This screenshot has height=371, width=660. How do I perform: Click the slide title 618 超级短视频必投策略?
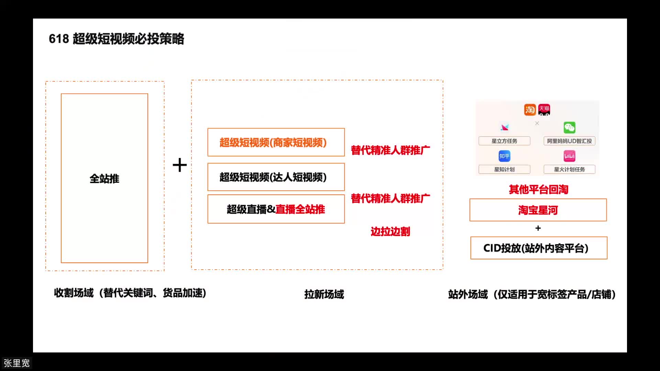point(116,39)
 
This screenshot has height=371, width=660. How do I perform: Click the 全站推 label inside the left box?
point(104,179)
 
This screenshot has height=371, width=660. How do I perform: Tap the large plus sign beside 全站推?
point(179,165)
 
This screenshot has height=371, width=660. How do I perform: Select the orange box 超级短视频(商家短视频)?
point(276,143)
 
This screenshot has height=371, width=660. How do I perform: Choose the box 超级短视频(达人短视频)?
point(276,177)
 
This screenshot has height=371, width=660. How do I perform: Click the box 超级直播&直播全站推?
point(276,209)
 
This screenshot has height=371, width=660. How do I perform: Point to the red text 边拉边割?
point(390,232)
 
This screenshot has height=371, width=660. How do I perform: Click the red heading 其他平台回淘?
point(538,190)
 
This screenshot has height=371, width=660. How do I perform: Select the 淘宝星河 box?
point(538,210)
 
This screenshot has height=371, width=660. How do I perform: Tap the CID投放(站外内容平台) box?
point(538,248)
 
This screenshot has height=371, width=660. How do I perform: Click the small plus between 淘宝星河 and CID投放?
point(538,228)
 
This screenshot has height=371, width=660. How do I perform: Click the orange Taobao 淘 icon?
point(530,110)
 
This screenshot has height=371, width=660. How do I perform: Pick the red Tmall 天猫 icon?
point(544,109)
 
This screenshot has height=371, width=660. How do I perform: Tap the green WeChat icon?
point(569,128)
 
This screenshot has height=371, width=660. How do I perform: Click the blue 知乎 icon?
point(504,156)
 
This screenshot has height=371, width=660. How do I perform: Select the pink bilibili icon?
point(569,156)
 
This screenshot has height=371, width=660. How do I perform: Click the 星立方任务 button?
point(504,141)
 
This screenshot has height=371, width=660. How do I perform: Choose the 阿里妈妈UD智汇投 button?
point(569,141)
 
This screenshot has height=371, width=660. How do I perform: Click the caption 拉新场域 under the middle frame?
point(324,294)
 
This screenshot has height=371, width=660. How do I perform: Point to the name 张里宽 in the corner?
point(16,363)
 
